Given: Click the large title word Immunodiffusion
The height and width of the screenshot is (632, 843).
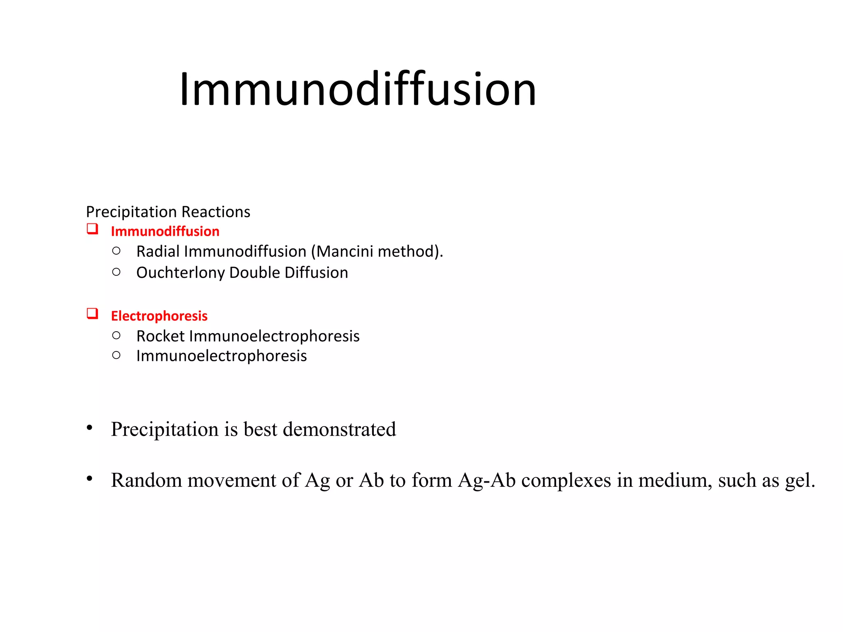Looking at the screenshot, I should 357,90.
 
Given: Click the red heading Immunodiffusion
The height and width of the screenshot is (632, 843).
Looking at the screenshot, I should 165,232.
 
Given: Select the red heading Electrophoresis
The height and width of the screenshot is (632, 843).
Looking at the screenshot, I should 159,316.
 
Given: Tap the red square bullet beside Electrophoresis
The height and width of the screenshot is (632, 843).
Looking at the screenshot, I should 92,314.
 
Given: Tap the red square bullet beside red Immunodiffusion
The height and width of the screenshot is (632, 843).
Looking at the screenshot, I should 92,229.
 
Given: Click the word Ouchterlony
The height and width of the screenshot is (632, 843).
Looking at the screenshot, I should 180,273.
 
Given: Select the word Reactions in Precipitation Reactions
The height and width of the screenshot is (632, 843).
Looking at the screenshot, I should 216,212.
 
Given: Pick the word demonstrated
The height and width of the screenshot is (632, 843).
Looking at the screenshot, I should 339,429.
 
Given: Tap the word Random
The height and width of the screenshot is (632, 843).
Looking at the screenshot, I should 146,480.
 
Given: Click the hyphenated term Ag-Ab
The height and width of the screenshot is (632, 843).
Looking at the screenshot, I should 487,481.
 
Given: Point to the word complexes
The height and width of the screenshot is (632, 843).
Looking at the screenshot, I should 566,481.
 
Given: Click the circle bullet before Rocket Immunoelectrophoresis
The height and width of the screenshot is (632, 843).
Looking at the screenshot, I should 116,335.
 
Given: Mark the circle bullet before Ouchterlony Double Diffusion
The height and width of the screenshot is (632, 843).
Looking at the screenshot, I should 116,272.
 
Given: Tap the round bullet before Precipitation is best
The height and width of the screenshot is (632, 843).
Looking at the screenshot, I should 90,428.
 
